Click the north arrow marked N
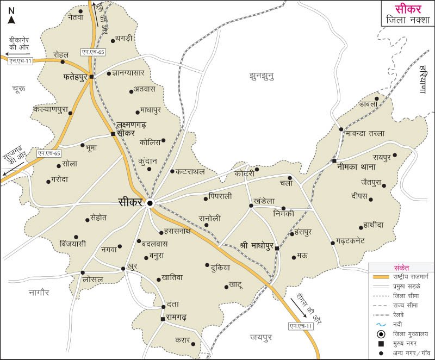tap(11, 16)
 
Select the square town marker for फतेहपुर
tap(91, 77)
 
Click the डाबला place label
tap(368, 104)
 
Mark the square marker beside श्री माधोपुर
tap(277, 248)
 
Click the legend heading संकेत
tap(401, 268)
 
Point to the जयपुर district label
tap(260, 337)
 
